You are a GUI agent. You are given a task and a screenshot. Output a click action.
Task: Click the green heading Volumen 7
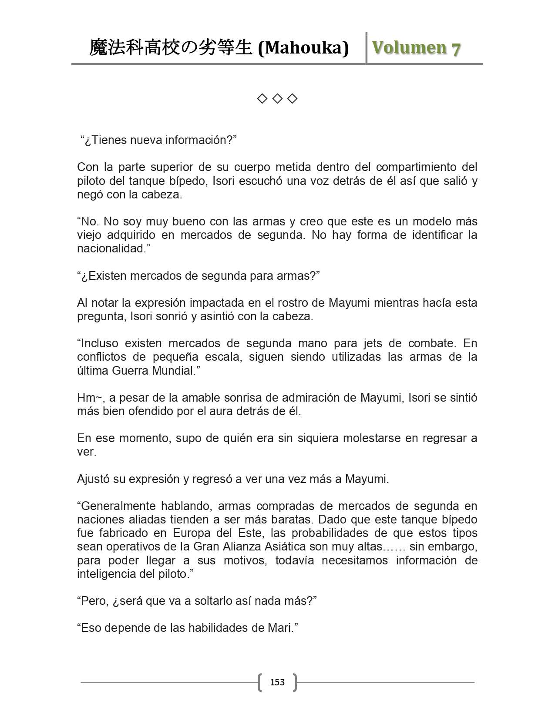coord(416,48)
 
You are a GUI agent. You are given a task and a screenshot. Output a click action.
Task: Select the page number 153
coord(277,682)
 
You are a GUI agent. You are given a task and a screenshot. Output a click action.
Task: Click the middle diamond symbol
coord(277,99)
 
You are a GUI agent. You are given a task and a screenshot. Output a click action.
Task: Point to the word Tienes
coord(106,140)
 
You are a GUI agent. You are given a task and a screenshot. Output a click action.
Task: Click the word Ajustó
coord(92,479)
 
